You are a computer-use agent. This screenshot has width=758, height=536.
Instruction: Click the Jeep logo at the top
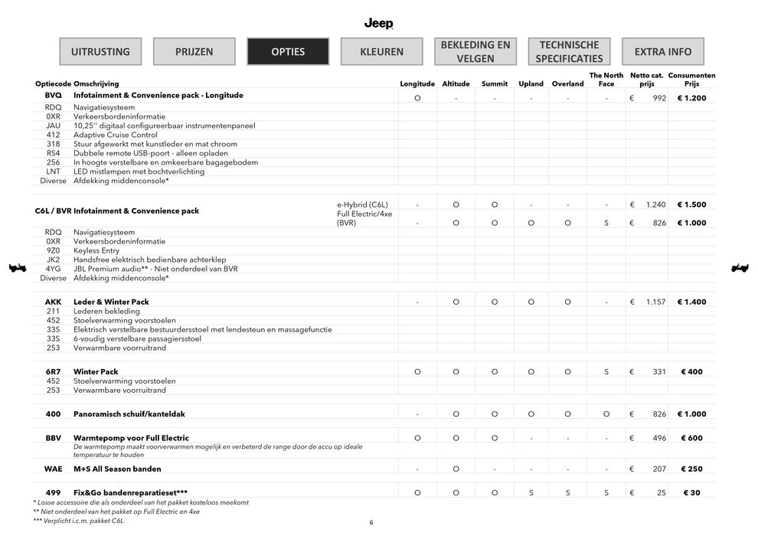pos(378,24)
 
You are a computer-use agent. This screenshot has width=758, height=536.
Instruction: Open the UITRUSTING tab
pos(100,51)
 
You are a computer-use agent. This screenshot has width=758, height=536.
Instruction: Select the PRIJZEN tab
pos(194,51)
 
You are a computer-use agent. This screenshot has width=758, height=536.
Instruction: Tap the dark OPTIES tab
pos(288,51)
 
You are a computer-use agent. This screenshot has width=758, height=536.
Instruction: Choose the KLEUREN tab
pos(382,51)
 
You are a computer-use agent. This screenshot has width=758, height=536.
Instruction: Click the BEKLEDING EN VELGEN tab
pos(475,51)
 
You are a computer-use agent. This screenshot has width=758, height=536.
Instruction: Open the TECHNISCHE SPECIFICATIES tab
pos(569,51)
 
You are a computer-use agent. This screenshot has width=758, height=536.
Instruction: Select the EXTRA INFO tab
pos(663,51)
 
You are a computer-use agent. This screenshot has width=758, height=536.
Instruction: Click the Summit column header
pos(495,83)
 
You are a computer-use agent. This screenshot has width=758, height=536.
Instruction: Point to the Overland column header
pos(567,83)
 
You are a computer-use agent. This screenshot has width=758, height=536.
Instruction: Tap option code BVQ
pos(53,96)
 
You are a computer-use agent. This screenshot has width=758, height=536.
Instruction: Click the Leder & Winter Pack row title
pos(111,302)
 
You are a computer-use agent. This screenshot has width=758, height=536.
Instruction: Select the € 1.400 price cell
pos(691,302)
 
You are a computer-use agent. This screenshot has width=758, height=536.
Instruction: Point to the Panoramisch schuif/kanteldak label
pos(129,414)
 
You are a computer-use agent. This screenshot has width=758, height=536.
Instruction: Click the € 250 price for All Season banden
pos(691,469)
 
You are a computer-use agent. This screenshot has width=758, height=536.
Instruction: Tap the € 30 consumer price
pos(691,493)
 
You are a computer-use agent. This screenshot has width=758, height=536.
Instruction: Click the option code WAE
pos(53,469)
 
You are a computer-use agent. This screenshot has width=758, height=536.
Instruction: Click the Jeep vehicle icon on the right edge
pos(740,268)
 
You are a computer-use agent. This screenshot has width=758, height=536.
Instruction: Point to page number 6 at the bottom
pos(371,522)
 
